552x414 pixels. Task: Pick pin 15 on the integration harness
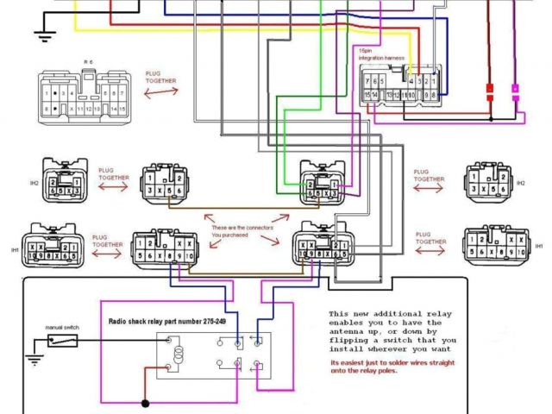(x=367, y=94)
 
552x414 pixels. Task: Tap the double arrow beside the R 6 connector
(x=161, y=91)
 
